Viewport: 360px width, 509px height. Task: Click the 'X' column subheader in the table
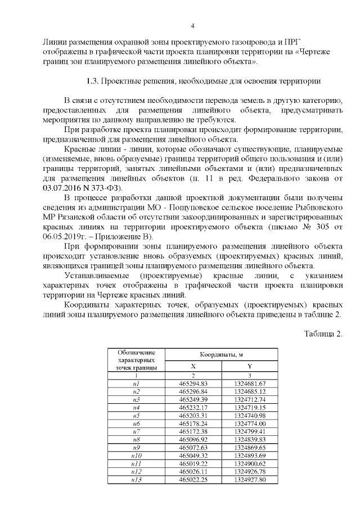click(193, 366)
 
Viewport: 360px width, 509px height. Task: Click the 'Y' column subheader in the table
click(250, 366)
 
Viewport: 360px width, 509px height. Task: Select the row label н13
click(135, 479)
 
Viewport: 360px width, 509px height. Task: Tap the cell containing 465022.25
click(193, 479)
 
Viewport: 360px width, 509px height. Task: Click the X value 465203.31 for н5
click(193, 415)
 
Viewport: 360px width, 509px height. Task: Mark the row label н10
click(135, 455)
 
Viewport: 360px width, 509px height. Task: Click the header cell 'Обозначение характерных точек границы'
click(135, 358)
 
